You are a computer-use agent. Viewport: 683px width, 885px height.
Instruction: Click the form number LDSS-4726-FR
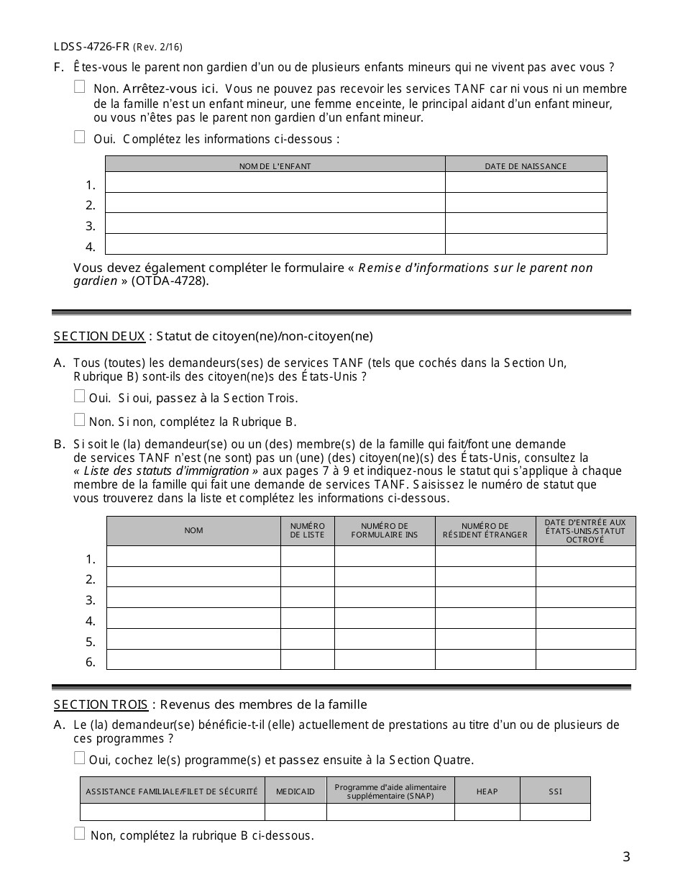[91, 47]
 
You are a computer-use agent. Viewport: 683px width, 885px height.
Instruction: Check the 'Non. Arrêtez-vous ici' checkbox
[80, 87]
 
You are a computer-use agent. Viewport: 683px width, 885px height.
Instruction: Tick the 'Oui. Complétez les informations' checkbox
[80, 137]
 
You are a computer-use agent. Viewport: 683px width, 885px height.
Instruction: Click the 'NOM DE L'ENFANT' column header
[275, 166]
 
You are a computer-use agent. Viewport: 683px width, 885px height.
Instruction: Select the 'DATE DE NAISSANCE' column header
[526, 166]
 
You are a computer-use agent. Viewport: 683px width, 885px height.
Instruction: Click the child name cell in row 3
[275, 224]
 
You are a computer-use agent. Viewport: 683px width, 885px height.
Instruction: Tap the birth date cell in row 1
[526, 183]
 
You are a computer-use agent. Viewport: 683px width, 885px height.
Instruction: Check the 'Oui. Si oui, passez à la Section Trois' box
[80, 396]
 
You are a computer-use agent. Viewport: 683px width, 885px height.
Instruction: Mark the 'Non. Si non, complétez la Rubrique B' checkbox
[80, 419]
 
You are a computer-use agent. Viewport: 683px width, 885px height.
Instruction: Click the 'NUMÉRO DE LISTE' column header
[307, 531]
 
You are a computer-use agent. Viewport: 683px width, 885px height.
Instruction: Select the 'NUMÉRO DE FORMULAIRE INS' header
[385, 531]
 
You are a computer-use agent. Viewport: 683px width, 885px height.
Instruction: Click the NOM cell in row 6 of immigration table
[193, 660]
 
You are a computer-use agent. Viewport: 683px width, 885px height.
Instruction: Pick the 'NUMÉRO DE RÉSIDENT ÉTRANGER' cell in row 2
[485, 577]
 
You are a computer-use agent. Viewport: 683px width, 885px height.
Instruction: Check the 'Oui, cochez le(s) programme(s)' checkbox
[80, 758]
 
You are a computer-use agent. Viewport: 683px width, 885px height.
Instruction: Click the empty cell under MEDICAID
[295, 812]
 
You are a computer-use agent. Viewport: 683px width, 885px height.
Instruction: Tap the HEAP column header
[487, 791]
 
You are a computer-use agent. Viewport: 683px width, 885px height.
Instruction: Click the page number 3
[626, 856]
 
